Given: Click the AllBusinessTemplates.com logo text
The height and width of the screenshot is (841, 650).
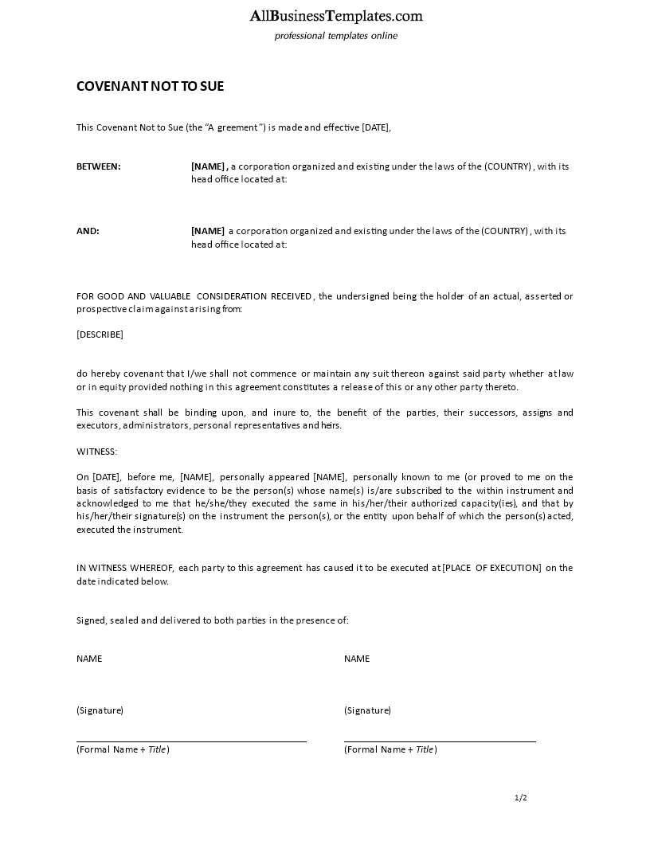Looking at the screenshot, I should tap(336, 16).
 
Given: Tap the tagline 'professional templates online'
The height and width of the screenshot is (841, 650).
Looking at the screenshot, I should tap(335, 36).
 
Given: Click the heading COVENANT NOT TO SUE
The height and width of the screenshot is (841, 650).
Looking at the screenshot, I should tap(150, 86).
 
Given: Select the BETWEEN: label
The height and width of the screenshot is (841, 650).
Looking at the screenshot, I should tap(99, 166).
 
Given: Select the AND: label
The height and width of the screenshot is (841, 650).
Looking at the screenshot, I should tap(88, 231).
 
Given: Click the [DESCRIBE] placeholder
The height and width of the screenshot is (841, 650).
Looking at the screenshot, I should tap(100, 334).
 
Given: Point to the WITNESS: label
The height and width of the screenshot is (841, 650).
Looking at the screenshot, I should tap(96, 452).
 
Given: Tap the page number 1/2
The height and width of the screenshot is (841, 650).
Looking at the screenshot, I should tap(521, 797).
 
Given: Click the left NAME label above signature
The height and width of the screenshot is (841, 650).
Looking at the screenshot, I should tap(89, 659).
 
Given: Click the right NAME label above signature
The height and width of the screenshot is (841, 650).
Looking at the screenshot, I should tap(357, 659).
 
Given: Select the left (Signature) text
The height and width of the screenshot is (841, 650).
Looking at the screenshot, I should tap(100, 710).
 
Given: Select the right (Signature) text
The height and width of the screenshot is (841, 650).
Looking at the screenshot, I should tap(367, 710).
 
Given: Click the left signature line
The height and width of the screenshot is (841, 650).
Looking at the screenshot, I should tap(191, 741).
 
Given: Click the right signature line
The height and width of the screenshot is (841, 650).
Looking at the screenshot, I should tap(440, 741).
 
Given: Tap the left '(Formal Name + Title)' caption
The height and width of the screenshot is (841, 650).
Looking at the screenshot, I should tap(123, 749).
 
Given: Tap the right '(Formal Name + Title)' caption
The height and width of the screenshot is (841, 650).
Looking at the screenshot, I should tap(390, 749).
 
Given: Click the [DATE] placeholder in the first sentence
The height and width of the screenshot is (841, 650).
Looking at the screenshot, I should tap(375, 127).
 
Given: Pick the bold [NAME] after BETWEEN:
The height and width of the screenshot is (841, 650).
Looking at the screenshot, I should tap(209, 166).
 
